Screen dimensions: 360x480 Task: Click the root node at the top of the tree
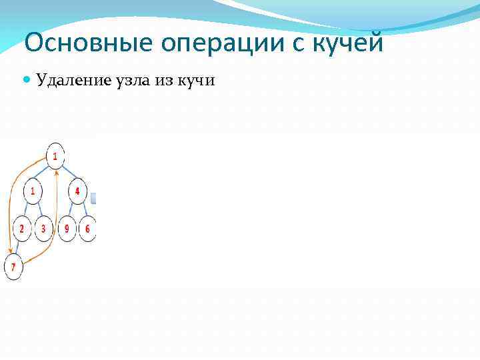pos(56,157)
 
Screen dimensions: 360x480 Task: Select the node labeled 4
pos(78,192)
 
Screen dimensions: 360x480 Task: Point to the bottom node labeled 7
pos(13,268)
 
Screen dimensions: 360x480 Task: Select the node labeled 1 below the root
pos(32,192)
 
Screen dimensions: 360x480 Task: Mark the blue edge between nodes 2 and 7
pos(18,249)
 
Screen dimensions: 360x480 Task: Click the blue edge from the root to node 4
pos(67,175)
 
